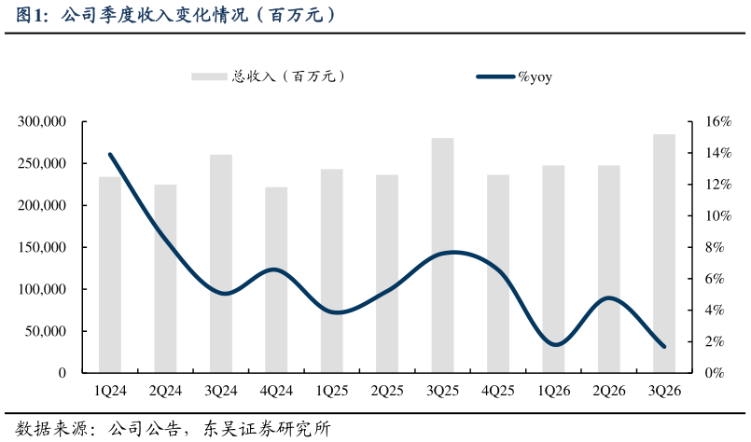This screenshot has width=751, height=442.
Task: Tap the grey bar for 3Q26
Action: (664, 253)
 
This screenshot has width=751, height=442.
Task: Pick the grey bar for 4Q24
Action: (276, 280)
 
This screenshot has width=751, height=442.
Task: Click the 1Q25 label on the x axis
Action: (332, 392)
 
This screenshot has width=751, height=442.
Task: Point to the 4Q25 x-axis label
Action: (498, 392)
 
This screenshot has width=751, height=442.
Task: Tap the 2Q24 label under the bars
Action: (165, 392)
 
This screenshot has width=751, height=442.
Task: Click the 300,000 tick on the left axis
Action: (42, 122)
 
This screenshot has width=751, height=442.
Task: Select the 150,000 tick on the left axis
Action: (42, 247)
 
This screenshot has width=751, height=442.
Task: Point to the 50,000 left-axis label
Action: (46, 331)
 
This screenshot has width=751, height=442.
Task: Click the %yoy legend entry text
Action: (535, 77)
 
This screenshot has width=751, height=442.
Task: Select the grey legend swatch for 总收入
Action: (210, 77)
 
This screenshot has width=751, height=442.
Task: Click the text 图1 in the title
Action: (30, 16)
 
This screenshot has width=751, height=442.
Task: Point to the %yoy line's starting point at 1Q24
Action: (110, 155)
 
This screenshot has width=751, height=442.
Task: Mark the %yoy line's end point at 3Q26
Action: (664, 347)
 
